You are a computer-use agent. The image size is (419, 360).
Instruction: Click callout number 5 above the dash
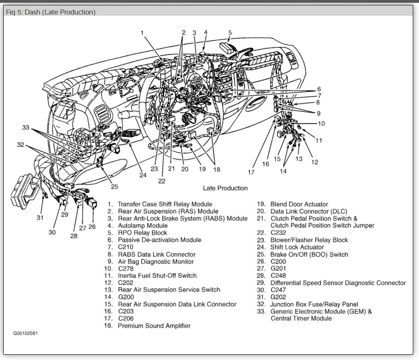tap(230, 33)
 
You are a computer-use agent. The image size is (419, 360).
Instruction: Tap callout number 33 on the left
tap(26, 128)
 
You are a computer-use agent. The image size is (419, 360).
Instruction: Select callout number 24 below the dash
tap(143, 175)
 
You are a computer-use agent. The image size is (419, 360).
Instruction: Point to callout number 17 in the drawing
tap(251, 172)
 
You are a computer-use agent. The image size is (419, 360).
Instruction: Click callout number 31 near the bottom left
tap(40, 217)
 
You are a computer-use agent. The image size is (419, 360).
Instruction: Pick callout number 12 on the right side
tap(315, 162)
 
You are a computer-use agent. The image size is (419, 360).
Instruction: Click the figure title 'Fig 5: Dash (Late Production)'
tap(51, 12)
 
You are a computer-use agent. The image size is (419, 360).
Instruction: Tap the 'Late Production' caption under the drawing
tap(225, 188)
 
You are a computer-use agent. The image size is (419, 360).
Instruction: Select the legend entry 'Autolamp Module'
tap(142, 226)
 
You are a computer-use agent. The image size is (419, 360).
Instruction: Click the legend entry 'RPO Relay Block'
tap(143, 233)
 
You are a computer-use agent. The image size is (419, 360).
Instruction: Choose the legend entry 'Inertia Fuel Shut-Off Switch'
tap(157, 275)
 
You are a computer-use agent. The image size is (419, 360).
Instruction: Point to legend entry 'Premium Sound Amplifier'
tap(154, 326)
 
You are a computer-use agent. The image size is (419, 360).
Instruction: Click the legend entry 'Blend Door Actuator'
tap(299, 204)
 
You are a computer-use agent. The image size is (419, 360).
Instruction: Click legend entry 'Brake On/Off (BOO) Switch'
tap(309, 254)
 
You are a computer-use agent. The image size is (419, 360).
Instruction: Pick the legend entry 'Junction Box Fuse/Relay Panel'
tap(314, 304)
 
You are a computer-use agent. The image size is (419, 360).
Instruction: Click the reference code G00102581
tap(25, 333)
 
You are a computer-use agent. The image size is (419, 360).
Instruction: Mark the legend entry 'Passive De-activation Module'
tap(159, 240)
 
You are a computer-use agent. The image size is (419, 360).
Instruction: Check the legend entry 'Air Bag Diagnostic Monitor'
tap(156, 261)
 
